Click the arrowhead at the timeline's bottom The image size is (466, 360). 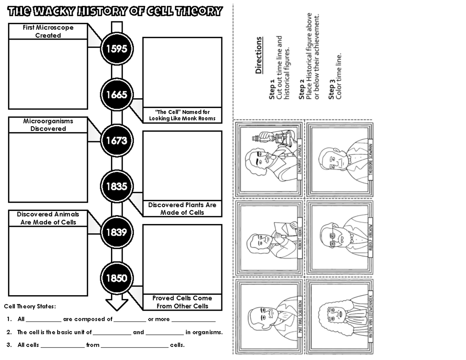tap(117, 304)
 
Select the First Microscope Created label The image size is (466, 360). tap(48, 31)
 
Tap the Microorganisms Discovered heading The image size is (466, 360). tap(48, 125)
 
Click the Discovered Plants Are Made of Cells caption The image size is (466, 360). tap(182, 209)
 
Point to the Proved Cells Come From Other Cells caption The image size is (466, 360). tap(182, 302)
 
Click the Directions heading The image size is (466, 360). tap(259, 55)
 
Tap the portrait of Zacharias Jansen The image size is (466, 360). tap(268, 159)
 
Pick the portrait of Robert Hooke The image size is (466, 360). tap(268, 237)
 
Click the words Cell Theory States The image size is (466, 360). tap(30, 306)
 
